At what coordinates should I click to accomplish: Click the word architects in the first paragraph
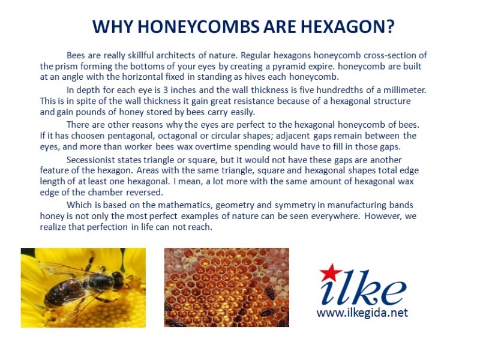point(176,55)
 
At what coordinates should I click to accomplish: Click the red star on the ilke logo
point(331,272)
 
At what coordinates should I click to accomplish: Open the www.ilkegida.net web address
point(362,313)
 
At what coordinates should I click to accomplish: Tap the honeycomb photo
point(227,287)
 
